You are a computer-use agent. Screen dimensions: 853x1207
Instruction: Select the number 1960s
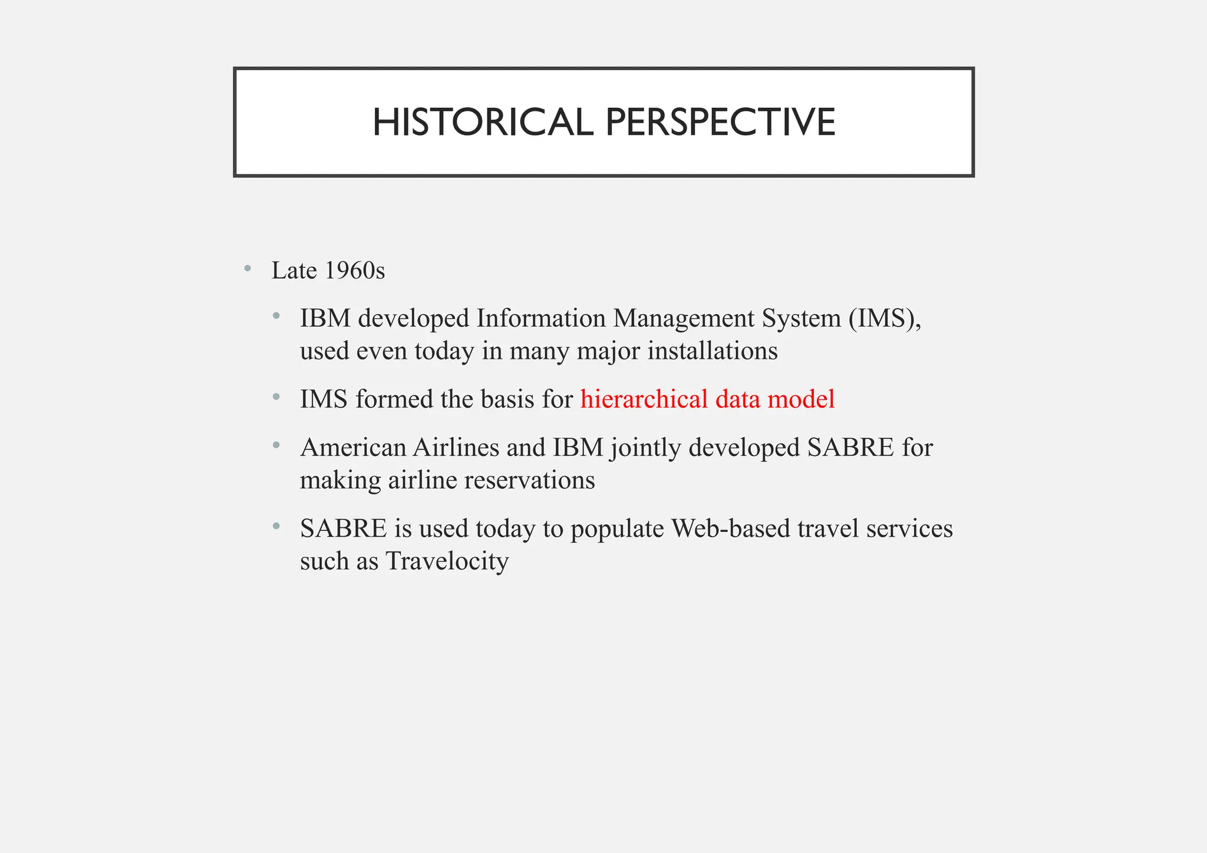354,271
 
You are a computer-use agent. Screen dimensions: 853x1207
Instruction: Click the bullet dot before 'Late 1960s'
248,269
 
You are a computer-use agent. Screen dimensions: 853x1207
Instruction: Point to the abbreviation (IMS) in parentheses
885,319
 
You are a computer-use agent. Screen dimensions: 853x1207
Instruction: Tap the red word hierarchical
644,399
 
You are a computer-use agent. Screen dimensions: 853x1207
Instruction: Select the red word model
801,399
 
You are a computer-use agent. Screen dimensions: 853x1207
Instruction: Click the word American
353,448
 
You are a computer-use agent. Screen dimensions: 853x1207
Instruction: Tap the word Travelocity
447,561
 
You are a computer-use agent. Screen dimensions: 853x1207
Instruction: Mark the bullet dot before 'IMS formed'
276,398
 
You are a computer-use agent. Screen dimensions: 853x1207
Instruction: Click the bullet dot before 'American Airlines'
276,446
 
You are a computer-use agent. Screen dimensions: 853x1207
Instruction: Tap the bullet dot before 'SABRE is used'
276,527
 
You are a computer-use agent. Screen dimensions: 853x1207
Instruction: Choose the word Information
541,319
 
